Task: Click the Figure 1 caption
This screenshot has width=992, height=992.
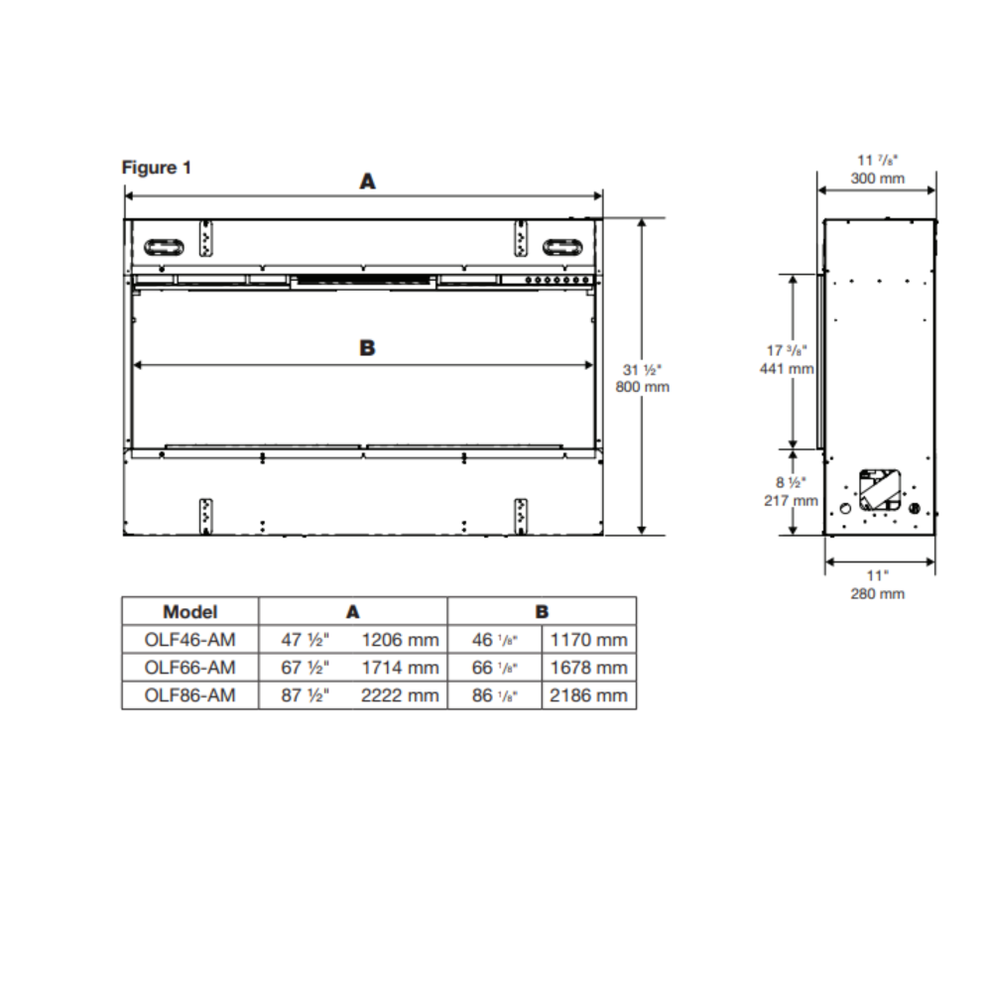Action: pyautogui.click(x=156, y=167)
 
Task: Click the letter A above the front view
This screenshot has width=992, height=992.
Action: pyautogui.click(x=368, y=181)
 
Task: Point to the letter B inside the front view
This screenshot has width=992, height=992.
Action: pyautogui.click(x=367, y=348)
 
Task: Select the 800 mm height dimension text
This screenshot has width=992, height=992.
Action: pyautogui.click(x=642, y=387)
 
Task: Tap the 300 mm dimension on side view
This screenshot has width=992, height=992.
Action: pyautogui.click(x=878, y=179)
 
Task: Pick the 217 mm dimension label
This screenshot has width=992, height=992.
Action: pyautogui.click(x=792, y=500)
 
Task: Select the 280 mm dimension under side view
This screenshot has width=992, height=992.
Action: pyautogui.click(x=878, y=593)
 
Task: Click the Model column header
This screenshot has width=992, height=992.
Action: pyautogui.click(x=189, y=612)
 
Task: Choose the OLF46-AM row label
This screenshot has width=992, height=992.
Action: pyautogui.click(x=189, y=640)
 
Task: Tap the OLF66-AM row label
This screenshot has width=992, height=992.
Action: pyautogui.click(x=189, y=668)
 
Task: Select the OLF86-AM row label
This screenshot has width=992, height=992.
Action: pyautogui.click(x=189, y=695)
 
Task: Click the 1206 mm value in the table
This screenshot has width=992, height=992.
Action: pyautogui.click(x=400, y=640)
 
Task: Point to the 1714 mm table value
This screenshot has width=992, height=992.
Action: pyautogui.click(x=400, y=668)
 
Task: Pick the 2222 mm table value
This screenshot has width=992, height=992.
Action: pyautogui.click(x=400, y=695)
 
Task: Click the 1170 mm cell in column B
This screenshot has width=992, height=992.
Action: pyautogui.click(x=589, y=640)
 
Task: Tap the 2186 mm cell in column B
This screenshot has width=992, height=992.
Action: pyautogui.click(x=589, y=695)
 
